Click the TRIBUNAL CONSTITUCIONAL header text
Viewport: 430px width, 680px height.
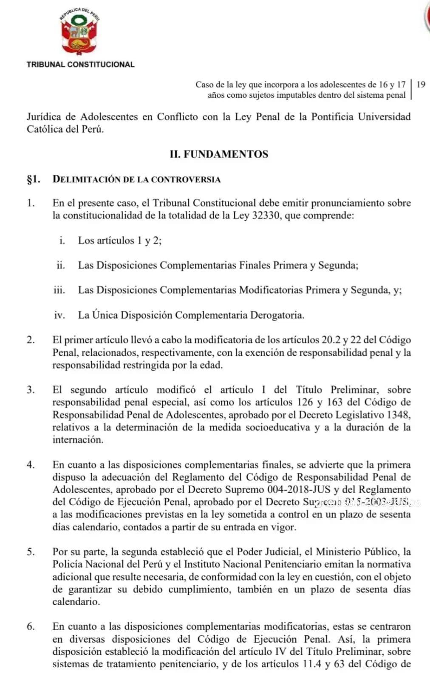pos(80,65)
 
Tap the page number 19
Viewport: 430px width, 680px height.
pos(421,84)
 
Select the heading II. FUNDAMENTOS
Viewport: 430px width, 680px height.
pos(219,154)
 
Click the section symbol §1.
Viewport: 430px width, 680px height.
pos(34,179)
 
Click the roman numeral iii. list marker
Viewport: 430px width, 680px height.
pos(59,290)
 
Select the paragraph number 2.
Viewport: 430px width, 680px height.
pos(31,340)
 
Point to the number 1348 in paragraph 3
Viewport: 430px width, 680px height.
pos(398,415)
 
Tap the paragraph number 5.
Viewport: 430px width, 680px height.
pos(31,552)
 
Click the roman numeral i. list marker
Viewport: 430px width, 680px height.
pos(62,241)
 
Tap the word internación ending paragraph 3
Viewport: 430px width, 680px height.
pos(78,440)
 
